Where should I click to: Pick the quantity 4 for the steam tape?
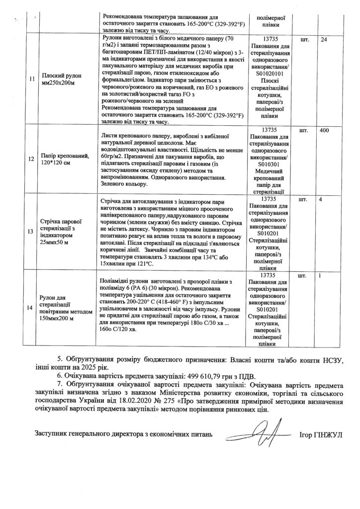click(x=321, y=199)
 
